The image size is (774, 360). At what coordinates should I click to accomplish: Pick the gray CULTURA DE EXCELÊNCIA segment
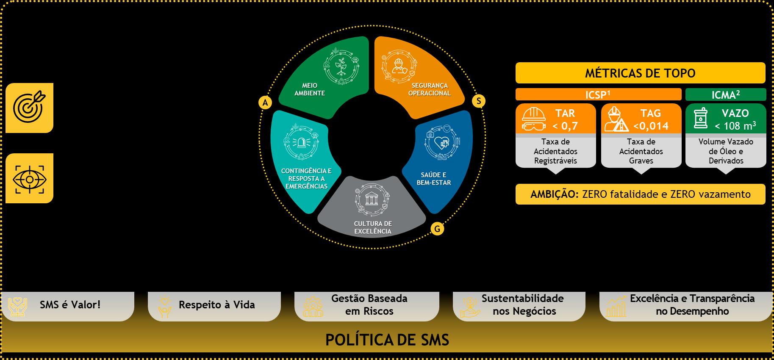pyautogui.click(x=372, y=212)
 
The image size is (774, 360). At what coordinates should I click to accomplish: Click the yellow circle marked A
pyautogui.click(x=265, y=102)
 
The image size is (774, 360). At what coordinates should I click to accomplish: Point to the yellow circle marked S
pyautogui.click(x=479, y=101)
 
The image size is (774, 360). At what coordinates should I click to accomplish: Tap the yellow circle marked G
pyautogui.click(x=437, y=229)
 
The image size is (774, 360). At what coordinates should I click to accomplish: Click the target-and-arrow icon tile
pyautogui.click(x=29, y=108)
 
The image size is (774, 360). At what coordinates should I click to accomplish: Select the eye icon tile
pyautogui.click(x=29, y=178)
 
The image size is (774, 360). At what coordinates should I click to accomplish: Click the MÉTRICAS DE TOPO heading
pyautogui.click(x=640, y=73)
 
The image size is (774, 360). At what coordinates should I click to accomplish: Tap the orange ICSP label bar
pyautogui.click(x=598, y=94)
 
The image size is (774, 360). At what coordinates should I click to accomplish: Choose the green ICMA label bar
pyautogui.click(x=725, y=94)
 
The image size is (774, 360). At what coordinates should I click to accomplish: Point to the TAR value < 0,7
pyautogui.click(x=565, y=126)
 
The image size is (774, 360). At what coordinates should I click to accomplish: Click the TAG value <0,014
pyautogui.click(x=651, y=126)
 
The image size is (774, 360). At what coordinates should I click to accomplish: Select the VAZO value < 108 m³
pyautogui.click(x=735, y=126)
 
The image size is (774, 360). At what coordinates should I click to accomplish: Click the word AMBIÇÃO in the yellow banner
pyautogui.click(x=554, y=194)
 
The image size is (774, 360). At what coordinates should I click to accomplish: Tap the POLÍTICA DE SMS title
pyautogui.click(x=387, y=340)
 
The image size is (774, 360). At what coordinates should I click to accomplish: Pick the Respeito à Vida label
pyautogui.click(x=216, y=305)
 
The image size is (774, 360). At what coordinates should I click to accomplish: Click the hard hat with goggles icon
pyautogui.click(x=534, y=119)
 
